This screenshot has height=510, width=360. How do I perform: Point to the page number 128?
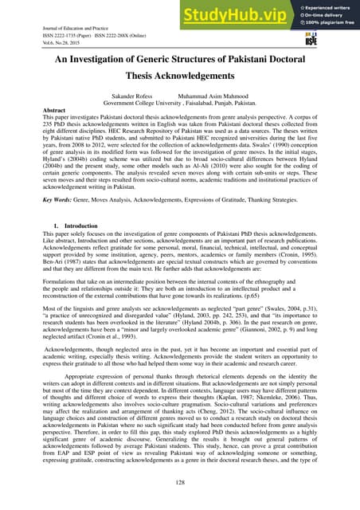[179, 483]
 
